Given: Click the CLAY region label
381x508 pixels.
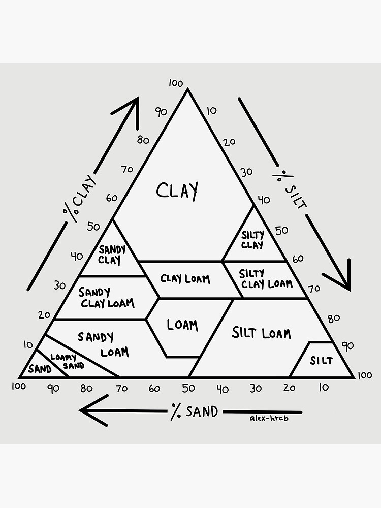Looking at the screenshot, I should [177, 191].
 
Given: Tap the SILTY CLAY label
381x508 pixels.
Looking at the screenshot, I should [252, 240].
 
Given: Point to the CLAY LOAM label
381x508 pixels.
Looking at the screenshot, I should [185, 279].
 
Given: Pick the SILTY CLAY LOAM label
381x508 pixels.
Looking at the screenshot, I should [266, 279].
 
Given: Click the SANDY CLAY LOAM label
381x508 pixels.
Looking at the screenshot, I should [106, 298].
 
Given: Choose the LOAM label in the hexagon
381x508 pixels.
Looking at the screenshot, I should [182, 325].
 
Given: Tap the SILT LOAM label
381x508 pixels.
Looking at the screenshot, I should [261, 333].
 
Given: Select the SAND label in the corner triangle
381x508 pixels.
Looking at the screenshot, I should [40, 369].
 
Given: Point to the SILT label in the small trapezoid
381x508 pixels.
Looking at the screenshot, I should [321, 361].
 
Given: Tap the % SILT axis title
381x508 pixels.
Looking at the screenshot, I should [290, 188].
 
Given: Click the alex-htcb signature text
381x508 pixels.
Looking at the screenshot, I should [269, 419].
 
